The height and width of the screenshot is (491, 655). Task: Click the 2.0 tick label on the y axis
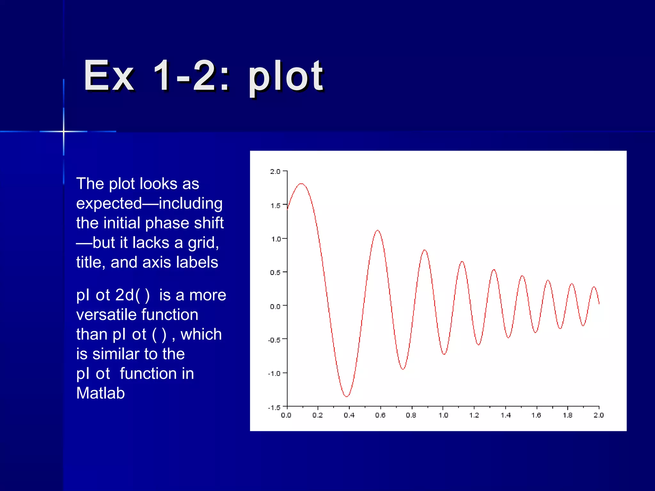[275, 172]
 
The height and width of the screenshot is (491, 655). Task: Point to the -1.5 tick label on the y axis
[274, 408]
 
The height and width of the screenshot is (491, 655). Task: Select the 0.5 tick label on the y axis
[275, 273]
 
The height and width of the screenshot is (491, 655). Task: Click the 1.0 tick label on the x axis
[443, 415]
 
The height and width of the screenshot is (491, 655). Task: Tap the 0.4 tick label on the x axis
[349, 415]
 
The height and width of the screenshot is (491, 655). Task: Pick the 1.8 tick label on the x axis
[568, 415]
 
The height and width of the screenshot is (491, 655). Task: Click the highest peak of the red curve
[301, 184]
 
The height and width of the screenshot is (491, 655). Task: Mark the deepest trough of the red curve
[347, 396]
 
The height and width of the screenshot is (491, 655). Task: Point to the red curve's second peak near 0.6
[378, 230]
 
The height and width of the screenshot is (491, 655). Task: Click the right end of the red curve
[599, 303]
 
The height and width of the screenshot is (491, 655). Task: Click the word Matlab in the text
[100, 393]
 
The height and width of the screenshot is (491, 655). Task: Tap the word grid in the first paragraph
[203, 243]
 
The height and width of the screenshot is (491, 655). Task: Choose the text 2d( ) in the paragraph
[132, 295]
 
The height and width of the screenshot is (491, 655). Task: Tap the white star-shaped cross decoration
[64, 131]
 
